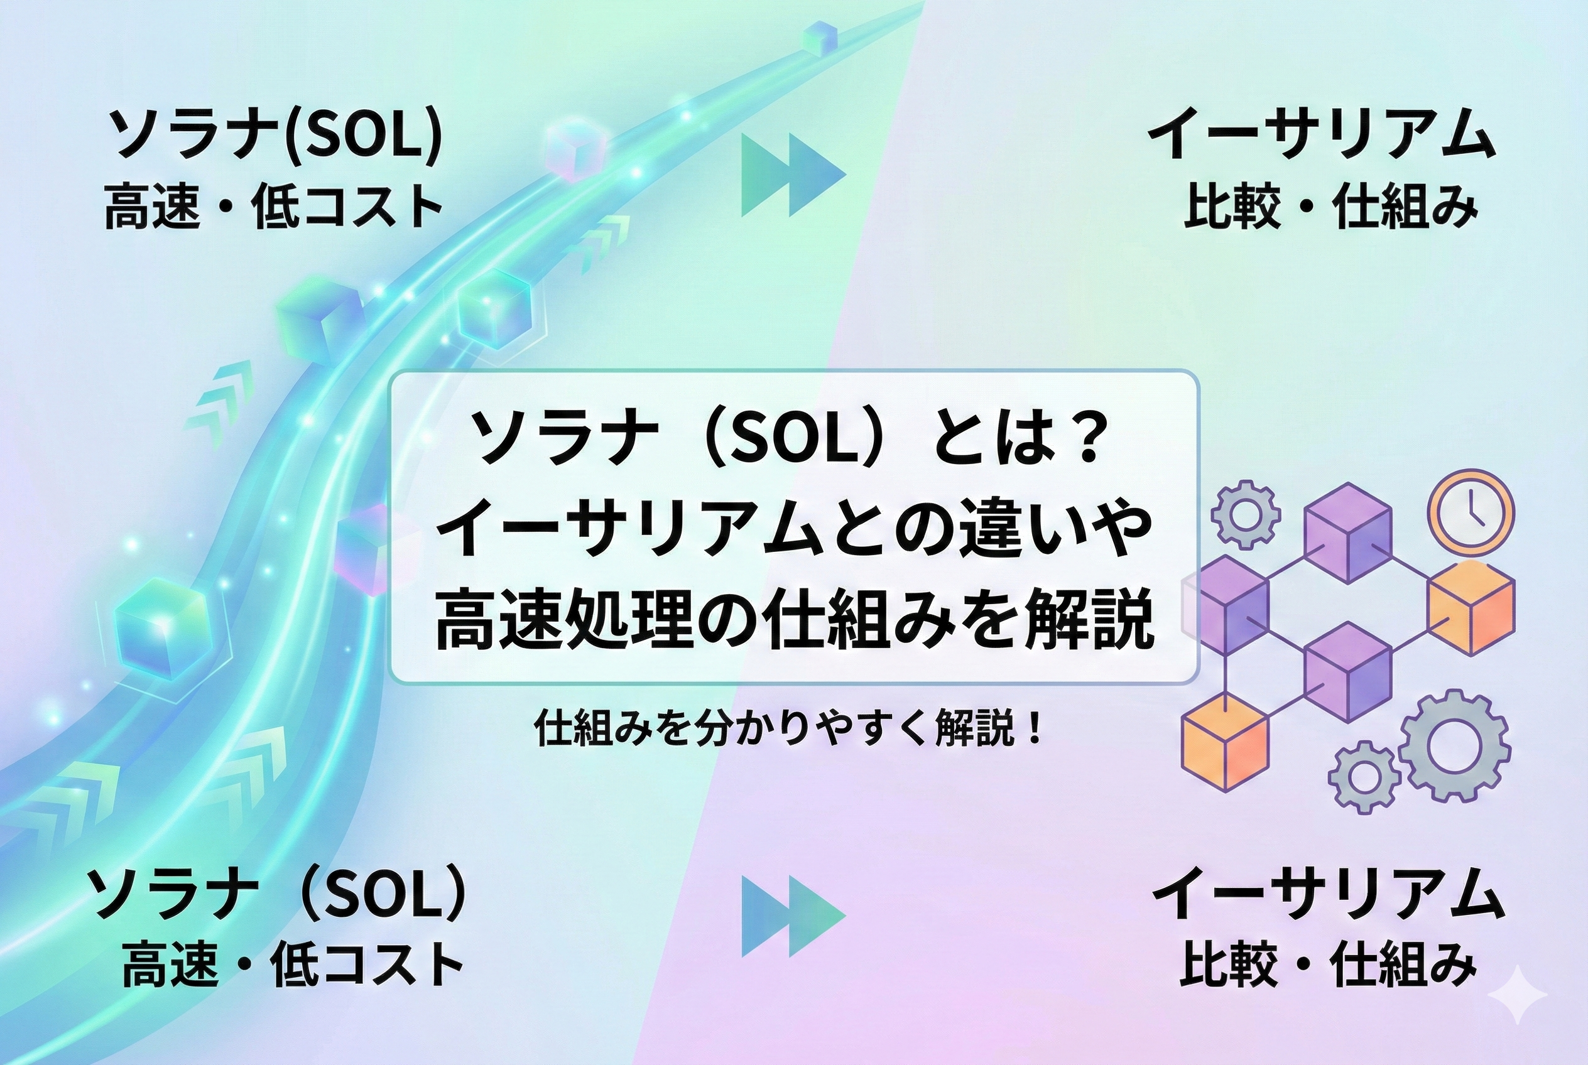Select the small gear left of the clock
coord(1246,513)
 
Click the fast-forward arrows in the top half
coord(792,175)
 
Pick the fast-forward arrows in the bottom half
coord(792,916)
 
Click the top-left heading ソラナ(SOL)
coord(275,133)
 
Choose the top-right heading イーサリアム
coord(1322,133)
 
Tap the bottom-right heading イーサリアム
coord(1328,892)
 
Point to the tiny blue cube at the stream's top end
coord(818,35)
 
